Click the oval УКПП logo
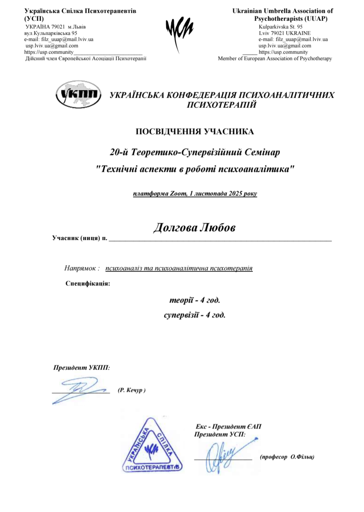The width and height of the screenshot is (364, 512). (78, 94)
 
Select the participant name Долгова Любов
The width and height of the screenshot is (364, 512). (194, 228)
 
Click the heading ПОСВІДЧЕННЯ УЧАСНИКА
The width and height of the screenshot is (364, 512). (195, 132)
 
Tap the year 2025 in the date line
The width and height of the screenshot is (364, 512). (235, 194)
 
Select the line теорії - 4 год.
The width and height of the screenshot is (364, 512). (195, 300)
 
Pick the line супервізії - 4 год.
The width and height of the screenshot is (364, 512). (195, 315)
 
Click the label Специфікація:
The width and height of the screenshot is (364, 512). (88, 283)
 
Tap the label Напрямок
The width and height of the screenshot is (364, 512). (80, 268)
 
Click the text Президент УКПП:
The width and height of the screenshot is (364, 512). (82, 367)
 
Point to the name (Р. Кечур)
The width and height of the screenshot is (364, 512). (132, 390)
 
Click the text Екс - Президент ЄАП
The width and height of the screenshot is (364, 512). (228, 427)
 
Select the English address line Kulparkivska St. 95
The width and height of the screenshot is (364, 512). (280, 27)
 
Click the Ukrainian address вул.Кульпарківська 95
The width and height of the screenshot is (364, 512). (51, 33)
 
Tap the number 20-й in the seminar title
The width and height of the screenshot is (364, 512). (119, 152)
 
